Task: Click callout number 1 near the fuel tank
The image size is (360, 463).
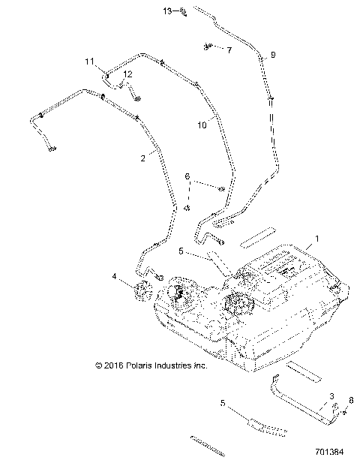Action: coord(316,239)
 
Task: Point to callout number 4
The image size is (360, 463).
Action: coord(115,278)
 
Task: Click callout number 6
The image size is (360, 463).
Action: coord(187,176)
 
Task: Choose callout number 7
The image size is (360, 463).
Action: coord(229,50)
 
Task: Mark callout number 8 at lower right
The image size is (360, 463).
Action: coord(351,401)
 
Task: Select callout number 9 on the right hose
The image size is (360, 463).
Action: coord(272,55)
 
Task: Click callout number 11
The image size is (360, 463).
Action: coord(89,61)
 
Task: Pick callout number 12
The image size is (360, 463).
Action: coord(128,74)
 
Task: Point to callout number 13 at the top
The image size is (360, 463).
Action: coord(166,11)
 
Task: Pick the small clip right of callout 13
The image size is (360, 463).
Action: coord(182,11)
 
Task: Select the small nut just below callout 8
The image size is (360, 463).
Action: coord(344,411)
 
